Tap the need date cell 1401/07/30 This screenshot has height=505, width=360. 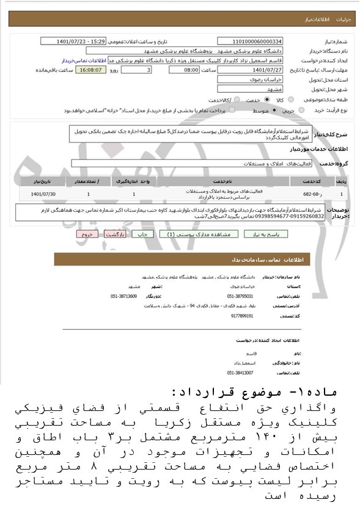click(x=43, y=194)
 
